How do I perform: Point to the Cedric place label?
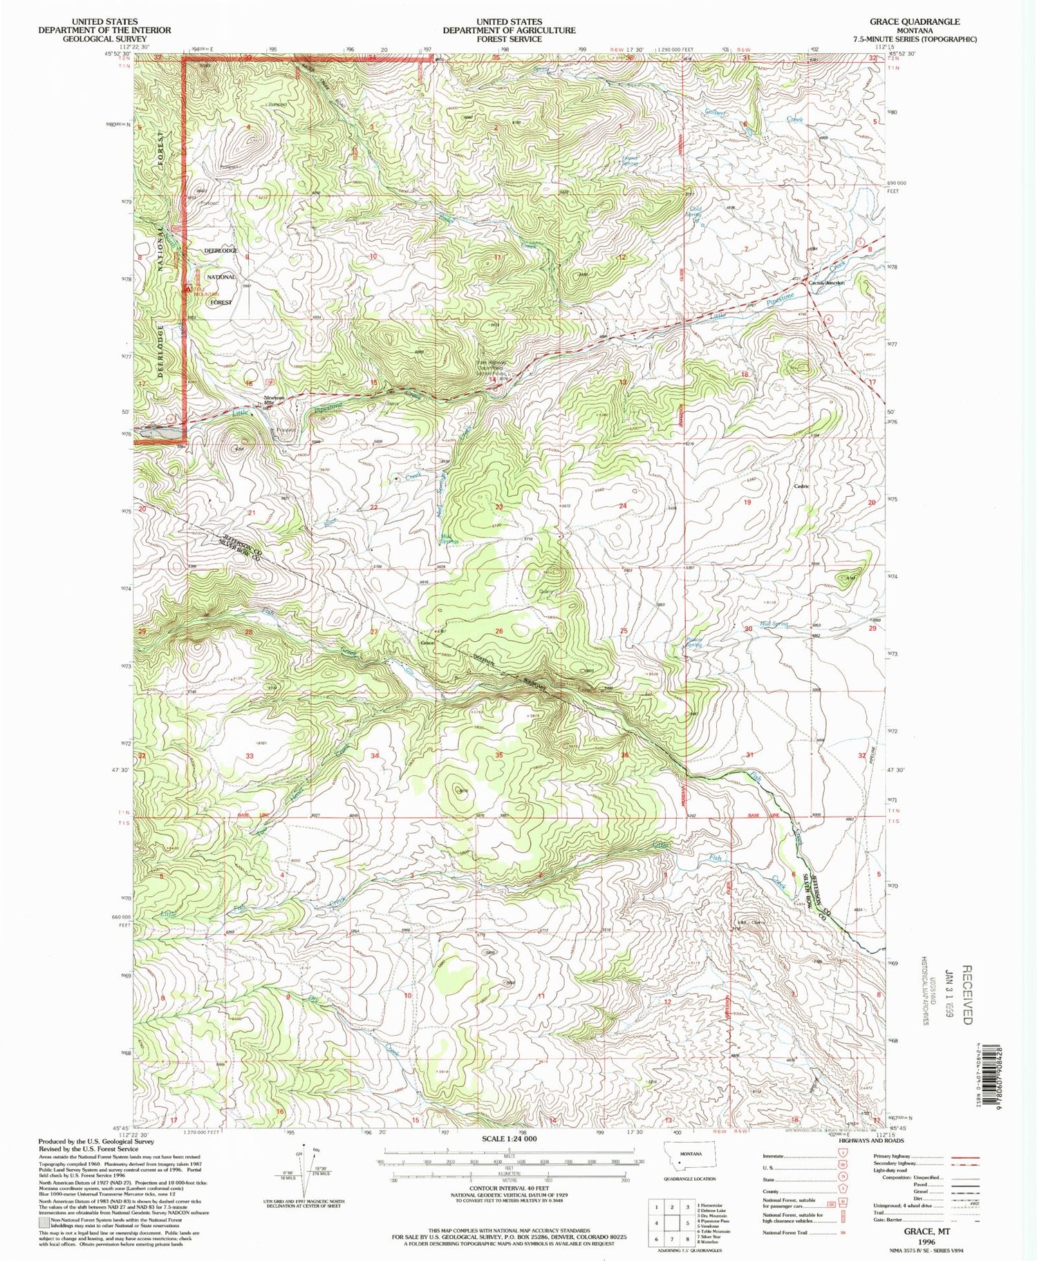[801, 486]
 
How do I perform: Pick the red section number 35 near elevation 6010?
[499, 755]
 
